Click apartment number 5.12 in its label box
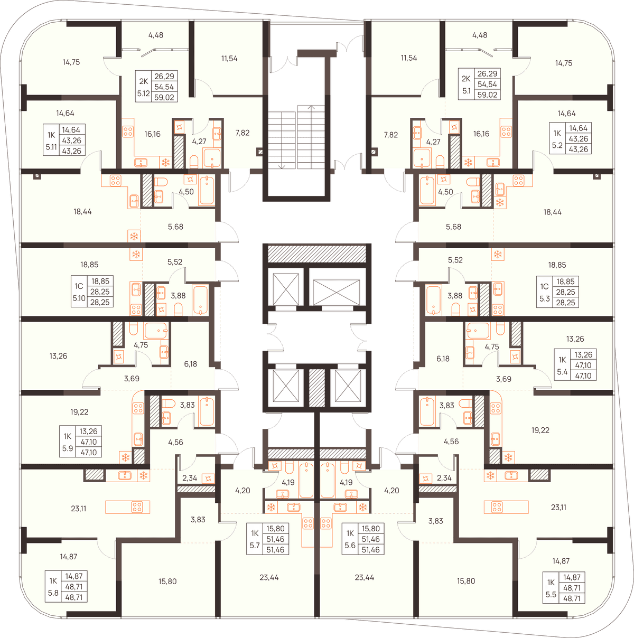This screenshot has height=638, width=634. [x=143, y=93]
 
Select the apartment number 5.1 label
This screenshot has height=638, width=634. [x=467, y=91]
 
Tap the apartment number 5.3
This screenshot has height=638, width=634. [x=545, y=298]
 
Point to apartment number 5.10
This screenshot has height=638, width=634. [x=79, y=298]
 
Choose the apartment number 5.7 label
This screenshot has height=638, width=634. [x=255, y=545]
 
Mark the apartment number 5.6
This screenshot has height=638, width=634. [x=350, y=545]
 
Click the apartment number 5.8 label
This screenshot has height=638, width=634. [x=53, y=593]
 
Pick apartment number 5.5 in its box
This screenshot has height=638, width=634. [x=551, y=595]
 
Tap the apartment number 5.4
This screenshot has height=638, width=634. [x=562, y=372]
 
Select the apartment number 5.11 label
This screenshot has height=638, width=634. [x=51, y=147]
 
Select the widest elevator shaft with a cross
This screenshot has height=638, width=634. [x=336, y=292]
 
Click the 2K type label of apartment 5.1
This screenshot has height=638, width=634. [x=466, y=79]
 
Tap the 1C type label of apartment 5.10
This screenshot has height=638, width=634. [x=79, y=286]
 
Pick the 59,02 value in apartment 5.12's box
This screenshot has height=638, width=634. [x=164, y=98]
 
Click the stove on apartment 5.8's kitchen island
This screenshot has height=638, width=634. [x=137, y=507]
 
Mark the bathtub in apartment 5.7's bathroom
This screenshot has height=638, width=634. [x=306, y=481]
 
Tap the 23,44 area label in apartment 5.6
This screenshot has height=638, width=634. [x=365, y=578]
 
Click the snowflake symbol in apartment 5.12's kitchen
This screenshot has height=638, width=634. [x=165, y=163]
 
